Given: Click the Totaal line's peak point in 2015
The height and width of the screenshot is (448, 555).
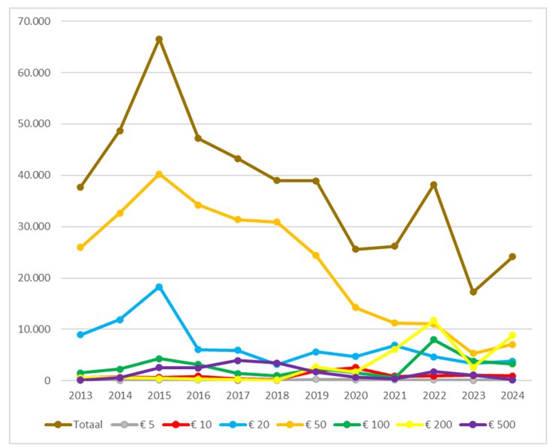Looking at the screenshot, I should pos(159,39).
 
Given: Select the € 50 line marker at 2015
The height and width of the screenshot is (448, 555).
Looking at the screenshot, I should pos(159,174).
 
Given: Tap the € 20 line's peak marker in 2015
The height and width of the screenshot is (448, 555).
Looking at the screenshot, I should pos(159,287).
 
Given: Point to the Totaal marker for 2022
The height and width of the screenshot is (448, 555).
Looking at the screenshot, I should pos(434,185).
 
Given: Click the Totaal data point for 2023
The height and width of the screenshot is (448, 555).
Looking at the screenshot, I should pos(473,292).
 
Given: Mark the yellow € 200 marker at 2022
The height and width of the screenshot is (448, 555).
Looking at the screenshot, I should pos(434,320).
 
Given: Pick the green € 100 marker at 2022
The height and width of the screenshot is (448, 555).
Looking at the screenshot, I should pos(434,340).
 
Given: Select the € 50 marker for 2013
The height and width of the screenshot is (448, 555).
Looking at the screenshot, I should pos(80,247).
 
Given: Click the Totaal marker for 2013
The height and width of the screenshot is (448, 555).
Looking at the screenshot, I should pos(80,187).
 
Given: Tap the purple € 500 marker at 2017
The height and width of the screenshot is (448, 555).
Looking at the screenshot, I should pos(238,361).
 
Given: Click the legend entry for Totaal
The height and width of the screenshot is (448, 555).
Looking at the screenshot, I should pos(74,424).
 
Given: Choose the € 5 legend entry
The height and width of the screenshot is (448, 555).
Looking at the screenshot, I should pos(133,424).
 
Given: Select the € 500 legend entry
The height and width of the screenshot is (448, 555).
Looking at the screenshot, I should pos(487,424).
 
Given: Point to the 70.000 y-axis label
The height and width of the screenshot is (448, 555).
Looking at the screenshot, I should pos(34,21).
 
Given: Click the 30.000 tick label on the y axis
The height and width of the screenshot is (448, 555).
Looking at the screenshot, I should pos(34,227).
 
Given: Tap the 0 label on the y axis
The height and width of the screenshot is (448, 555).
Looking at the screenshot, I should pos(47,381).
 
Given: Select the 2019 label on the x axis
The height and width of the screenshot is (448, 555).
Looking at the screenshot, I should pos(316,396).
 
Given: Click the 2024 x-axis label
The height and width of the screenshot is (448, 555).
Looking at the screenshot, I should pos(512,396).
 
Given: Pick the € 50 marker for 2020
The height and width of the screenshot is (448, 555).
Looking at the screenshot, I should pos(356,307).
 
